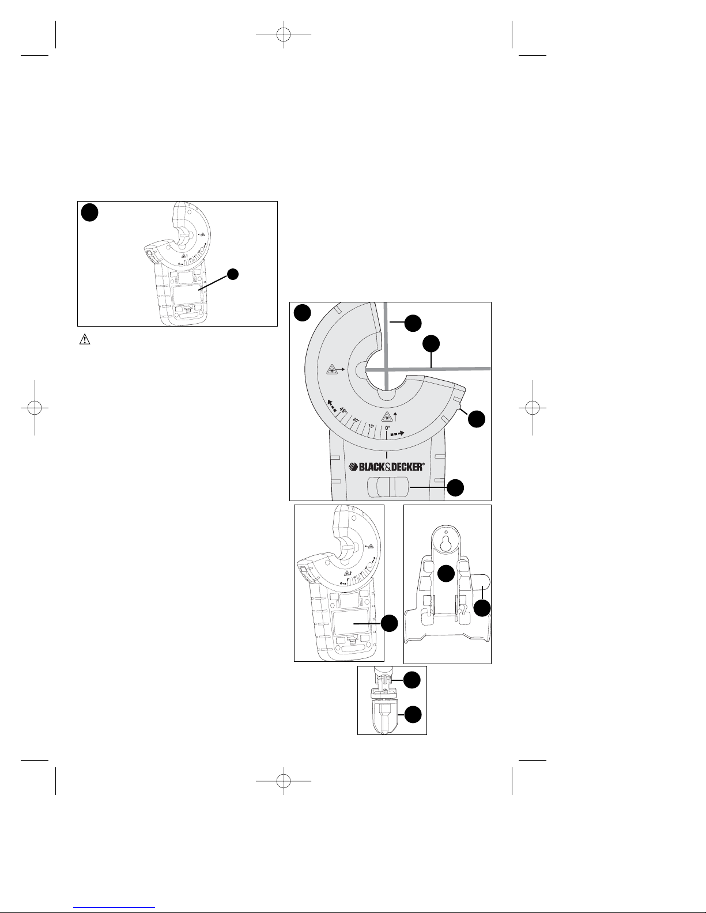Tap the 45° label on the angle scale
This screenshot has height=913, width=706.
point(343,411)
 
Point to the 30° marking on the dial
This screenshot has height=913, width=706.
point(356,420)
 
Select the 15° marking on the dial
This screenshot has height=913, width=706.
point(371,426)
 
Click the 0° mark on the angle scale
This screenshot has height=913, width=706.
point(387,428)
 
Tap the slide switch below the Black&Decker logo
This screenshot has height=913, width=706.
point(387,487)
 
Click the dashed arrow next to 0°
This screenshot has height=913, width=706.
point(398,433)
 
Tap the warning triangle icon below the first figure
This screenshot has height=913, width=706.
point(85,339)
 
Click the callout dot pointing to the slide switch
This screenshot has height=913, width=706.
point(455,487)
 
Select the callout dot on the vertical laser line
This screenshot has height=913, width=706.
point(413,323)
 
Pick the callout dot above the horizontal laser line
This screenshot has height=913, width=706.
point(431,344)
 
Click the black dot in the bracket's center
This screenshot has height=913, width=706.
point(446,574)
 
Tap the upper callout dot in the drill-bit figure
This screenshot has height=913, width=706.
point(412,680)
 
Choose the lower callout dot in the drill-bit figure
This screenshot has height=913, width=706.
point(413,714)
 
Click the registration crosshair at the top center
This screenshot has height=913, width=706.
point(284,35)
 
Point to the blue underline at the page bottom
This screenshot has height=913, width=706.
point(114,907)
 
